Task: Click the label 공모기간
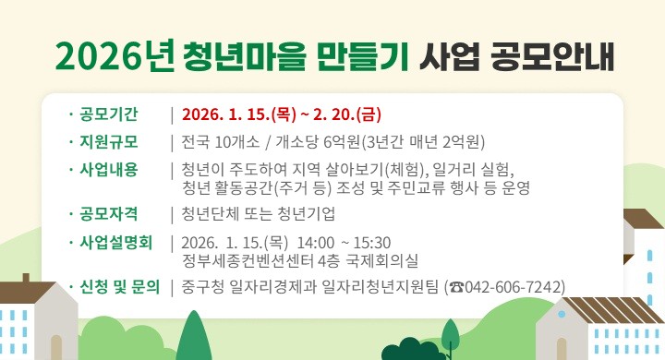point(109,114)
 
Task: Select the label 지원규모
point(109,141)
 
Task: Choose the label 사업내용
point(109,169)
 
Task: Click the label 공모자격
point(109,214)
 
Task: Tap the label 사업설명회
point(115,242)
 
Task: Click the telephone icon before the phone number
point(456,287)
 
